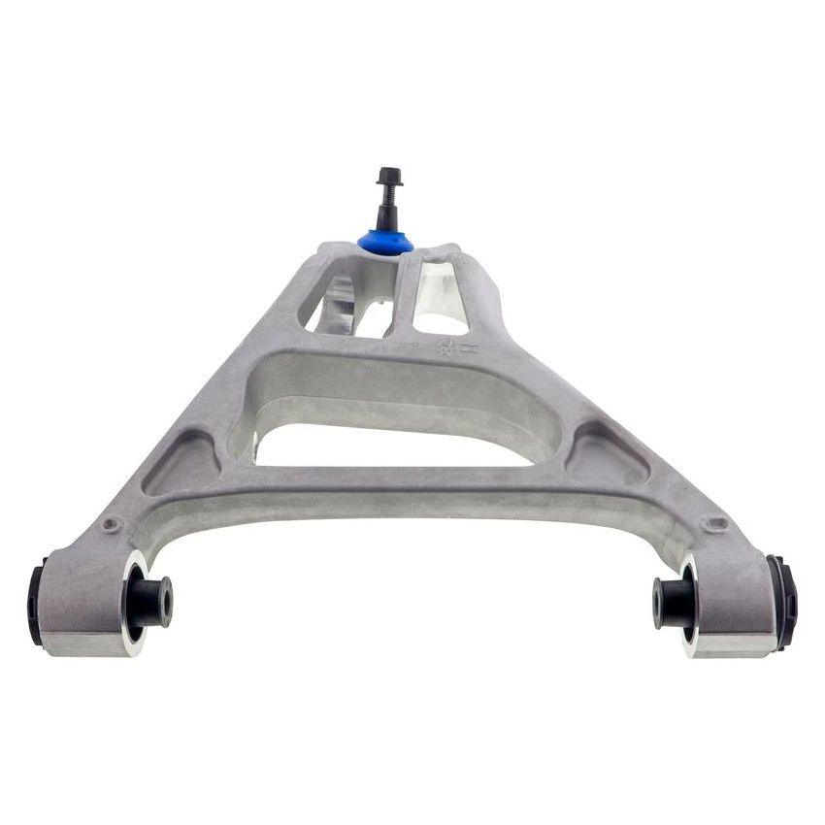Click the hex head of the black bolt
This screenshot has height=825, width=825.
388,177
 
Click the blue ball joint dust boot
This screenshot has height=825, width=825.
385,241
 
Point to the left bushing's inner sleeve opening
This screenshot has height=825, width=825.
166,602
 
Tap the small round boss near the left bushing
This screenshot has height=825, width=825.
111,525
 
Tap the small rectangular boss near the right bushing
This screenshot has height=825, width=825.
716,523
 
